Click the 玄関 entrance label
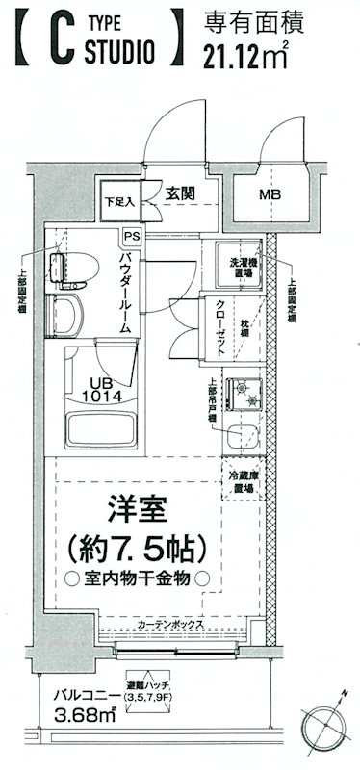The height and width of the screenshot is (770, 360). point(180,193)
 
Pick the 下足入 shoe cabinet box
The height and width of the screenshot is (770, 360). point(118,202)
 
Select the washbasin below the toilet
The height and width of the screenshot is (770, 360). point(64,319)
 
